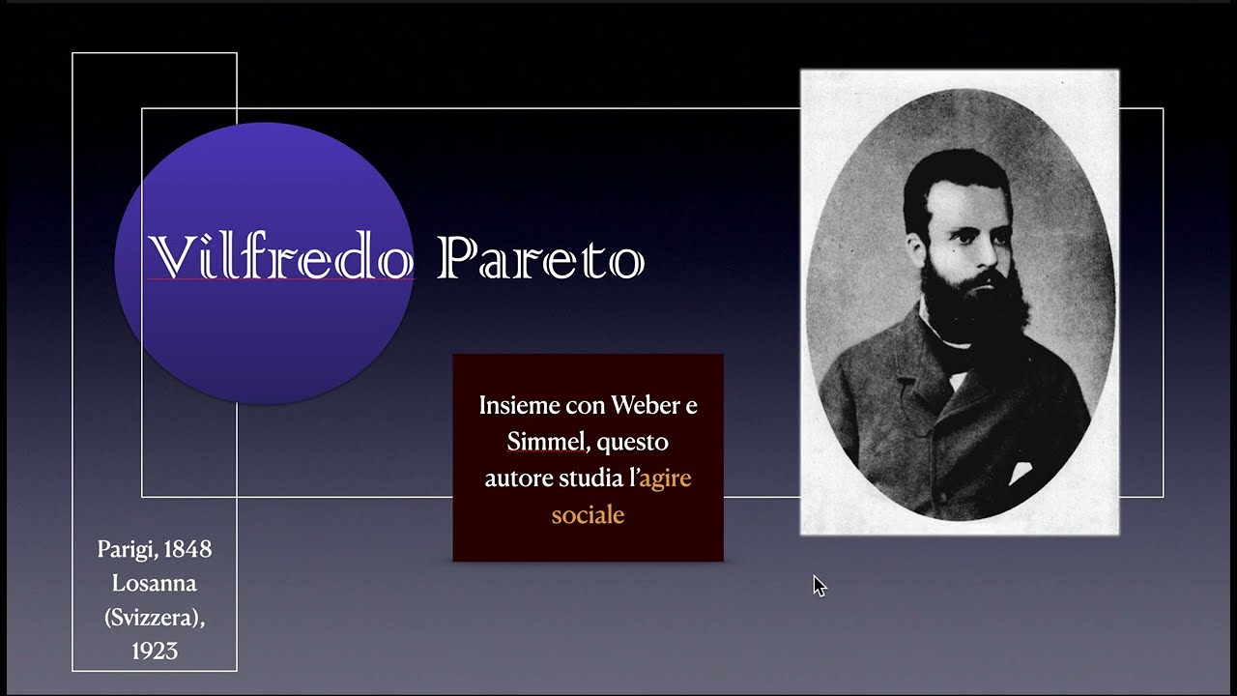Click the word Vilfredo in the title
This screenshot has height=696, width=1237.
tap(280, 259)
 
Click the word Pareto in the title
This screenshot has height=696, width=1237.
tap(540, 259)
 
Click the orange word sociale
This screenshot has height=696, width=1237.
tap(588, 515)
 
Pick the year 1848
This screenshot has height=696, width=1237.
tap(187, 549)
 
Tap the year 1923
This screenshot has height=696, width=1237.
tap(155, 651)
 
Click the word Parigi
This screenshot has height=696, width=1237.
tap(126, 549)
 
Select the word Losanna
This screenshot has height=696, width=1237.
tap(155, 583)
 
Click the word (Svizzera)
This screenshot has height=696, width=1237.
tap(155, 617)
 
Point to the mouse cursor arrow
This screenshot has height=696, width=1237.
tap(819, 585)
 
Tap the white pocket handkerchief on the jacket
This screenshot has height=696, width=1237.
tap(1019, 473)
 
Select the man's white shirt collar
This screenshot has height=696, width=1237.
tap(952, 348)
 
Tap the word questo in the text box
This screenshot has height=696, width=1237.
tap(632, 442)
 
